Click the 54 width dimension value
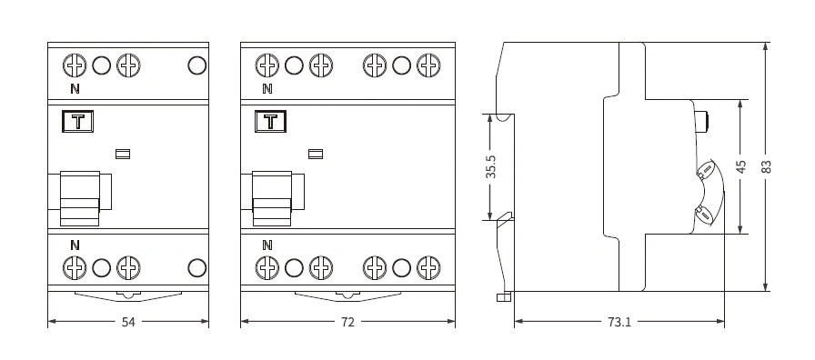128,322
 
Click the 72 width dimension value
347,322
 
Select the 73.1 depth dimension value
619,322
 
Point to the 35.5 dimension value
491,166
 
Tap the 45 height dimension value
741,166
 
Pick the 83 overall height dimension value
766,166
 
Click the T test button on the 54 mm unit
78,122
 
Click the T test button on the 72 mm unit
270,122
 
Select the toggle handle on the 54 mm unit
80,198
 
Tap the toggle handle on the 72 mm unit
272,198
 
